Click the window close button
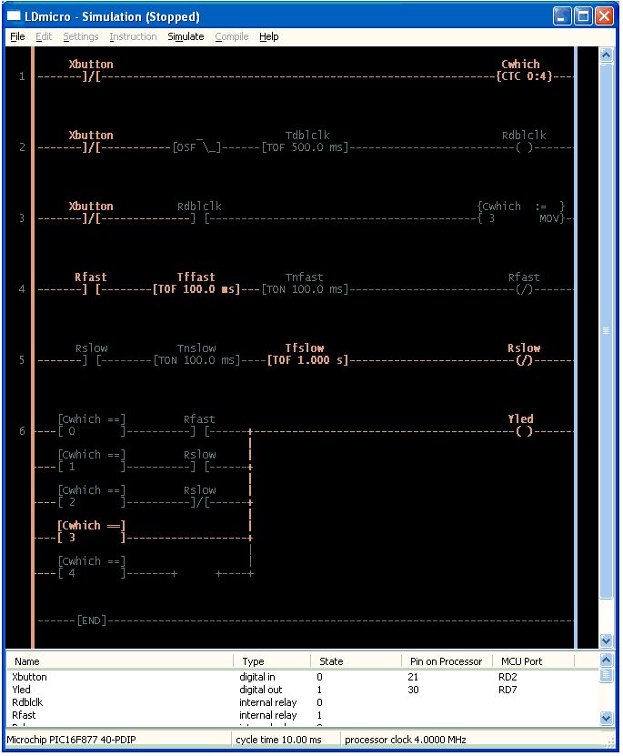(x=604, y=16)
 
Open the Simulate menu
(x=186, y=36)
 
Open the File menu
(x=17, y=36)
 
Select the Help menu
(x=268, y=36)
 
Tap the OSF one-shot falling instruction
(x=196, y=147)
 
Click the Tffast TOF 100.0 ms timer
(x=196, y=289)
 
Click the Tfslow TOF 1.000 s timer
(x=307, y=360)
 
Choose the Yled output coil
(x=524, y=431)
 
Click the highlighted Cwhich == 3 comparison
(x=91, y=531)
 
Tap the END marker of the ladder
(x=91, y=620)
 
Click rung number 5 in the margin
(x=22, y=360)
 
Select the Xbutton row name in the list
(x=29, y=677)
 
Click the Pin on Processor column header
(x=446, y=661)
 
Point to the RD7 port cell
(x=507, y=690)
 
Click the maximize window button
(x=583, y=16)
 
